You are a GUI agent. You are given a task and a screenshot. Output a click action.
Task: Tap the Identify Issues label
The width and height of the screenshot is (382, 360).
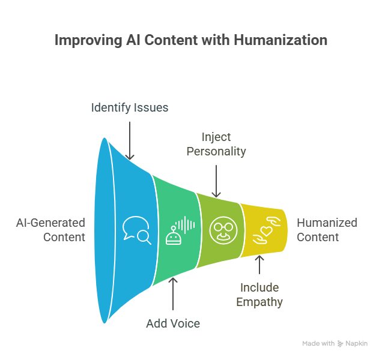130,108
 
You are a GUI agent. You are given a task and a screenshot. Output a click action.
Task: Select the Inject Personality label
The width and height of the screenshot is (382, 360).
216,144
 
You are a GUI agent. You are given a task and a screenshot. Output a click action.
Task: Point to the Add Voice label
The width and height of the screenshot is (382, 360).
173,323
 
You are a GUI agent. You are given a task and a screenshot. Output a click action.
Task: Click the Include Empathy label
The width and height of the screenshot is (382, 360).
259,294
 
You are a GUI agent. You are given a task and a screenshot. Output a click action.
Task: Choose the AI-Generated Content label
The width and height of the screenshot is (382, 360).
50,229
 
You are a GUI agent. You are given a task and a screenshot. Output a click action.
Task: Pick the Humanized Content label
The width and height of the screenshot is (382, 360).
327,229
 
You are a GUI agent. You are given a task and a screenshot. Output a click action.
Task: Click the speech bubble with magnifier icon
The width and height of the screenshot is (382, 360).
136,229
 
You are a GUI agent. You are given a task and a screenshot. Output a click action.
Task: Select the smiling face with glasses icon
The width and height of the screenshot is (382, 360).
220,229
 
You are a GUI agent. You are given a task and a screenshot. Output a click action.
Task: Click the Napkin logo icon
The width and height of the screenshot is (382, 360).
341,344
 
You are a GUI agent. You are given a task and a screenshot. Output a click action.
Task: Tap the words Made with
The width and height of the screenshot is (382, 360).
318,344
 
